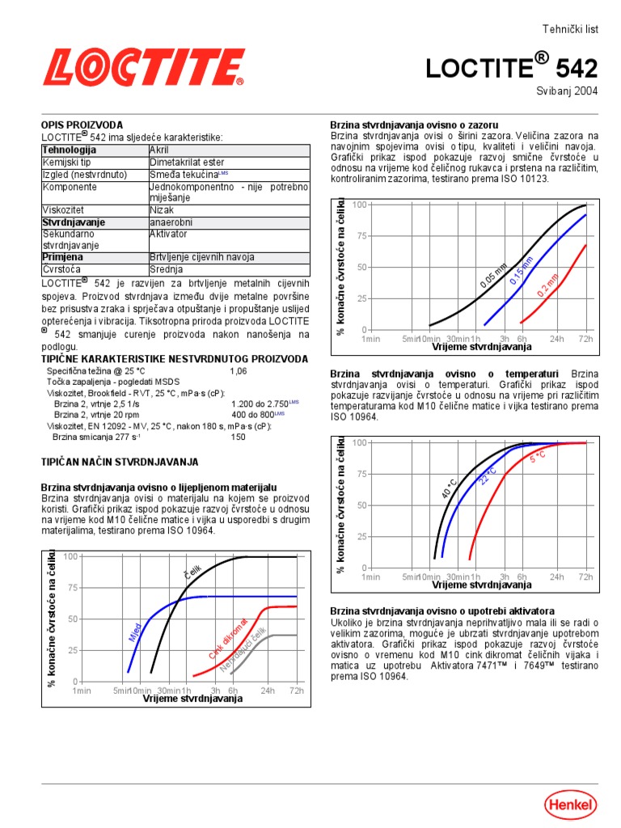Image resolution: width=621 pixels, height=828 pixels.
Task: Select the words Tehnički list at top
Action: coord(570,28)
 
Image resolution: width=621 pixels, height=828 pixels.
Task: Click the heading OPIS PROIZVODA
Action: coord(82,125)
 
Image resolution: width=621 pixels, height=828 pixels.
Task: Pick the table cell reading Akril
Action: coord(160,150)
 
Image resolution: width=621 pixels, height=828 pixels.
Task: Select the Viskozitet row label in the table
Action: coord(62,209)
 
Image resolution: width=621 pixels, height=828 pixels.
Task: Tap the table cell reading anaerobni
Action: coord(169,222)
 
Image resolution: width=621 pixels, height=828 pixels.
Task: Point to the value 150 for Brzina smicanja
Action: coord(238,437)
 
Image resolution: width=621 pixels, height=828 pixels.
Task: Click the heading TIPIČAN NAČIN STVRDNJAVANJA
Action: coord(119,462)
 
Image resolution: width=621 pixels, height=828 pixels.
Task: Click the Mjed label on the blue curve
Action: coord(135,632)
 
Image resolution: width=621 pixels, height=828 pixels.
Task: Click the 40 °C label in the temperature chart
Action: coord(449,488)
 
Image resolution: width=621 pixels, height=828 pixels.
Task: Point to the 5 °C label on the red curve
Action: coord(538,458)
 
